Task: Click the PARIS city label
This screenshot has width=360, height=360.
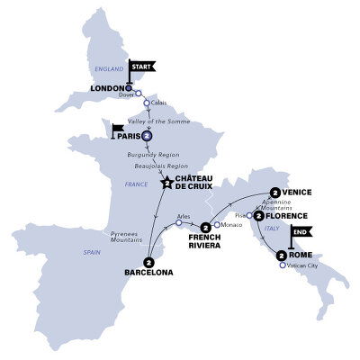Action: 122,136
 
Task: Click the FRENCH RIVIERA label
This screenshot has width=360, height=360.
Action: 205,242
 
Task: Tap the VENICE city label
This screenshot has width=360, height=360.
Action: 301,193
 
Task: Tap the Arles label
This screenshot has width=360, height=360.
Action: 184,216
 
